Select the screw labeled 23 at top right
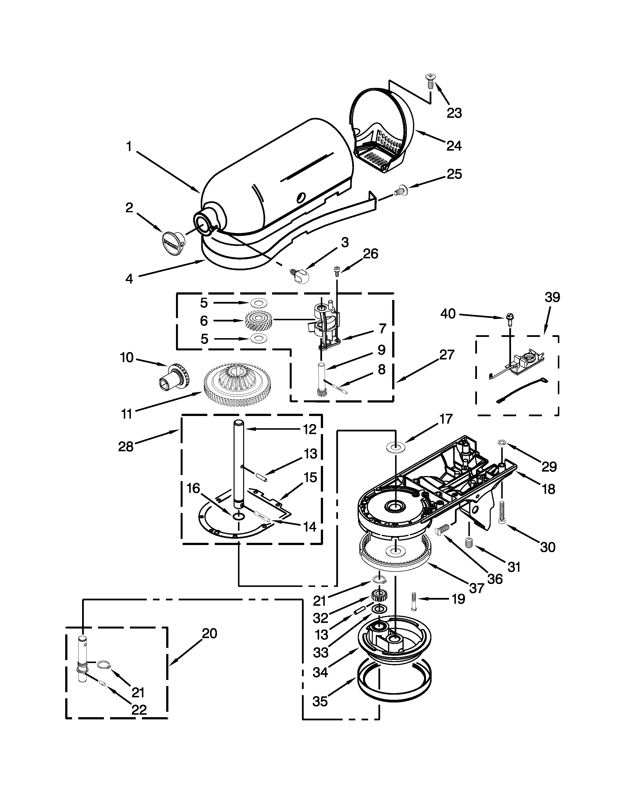pyautogui.click(x=430, y=80)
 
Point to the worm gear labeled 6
pyautogui.click(x=258, y=321)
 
